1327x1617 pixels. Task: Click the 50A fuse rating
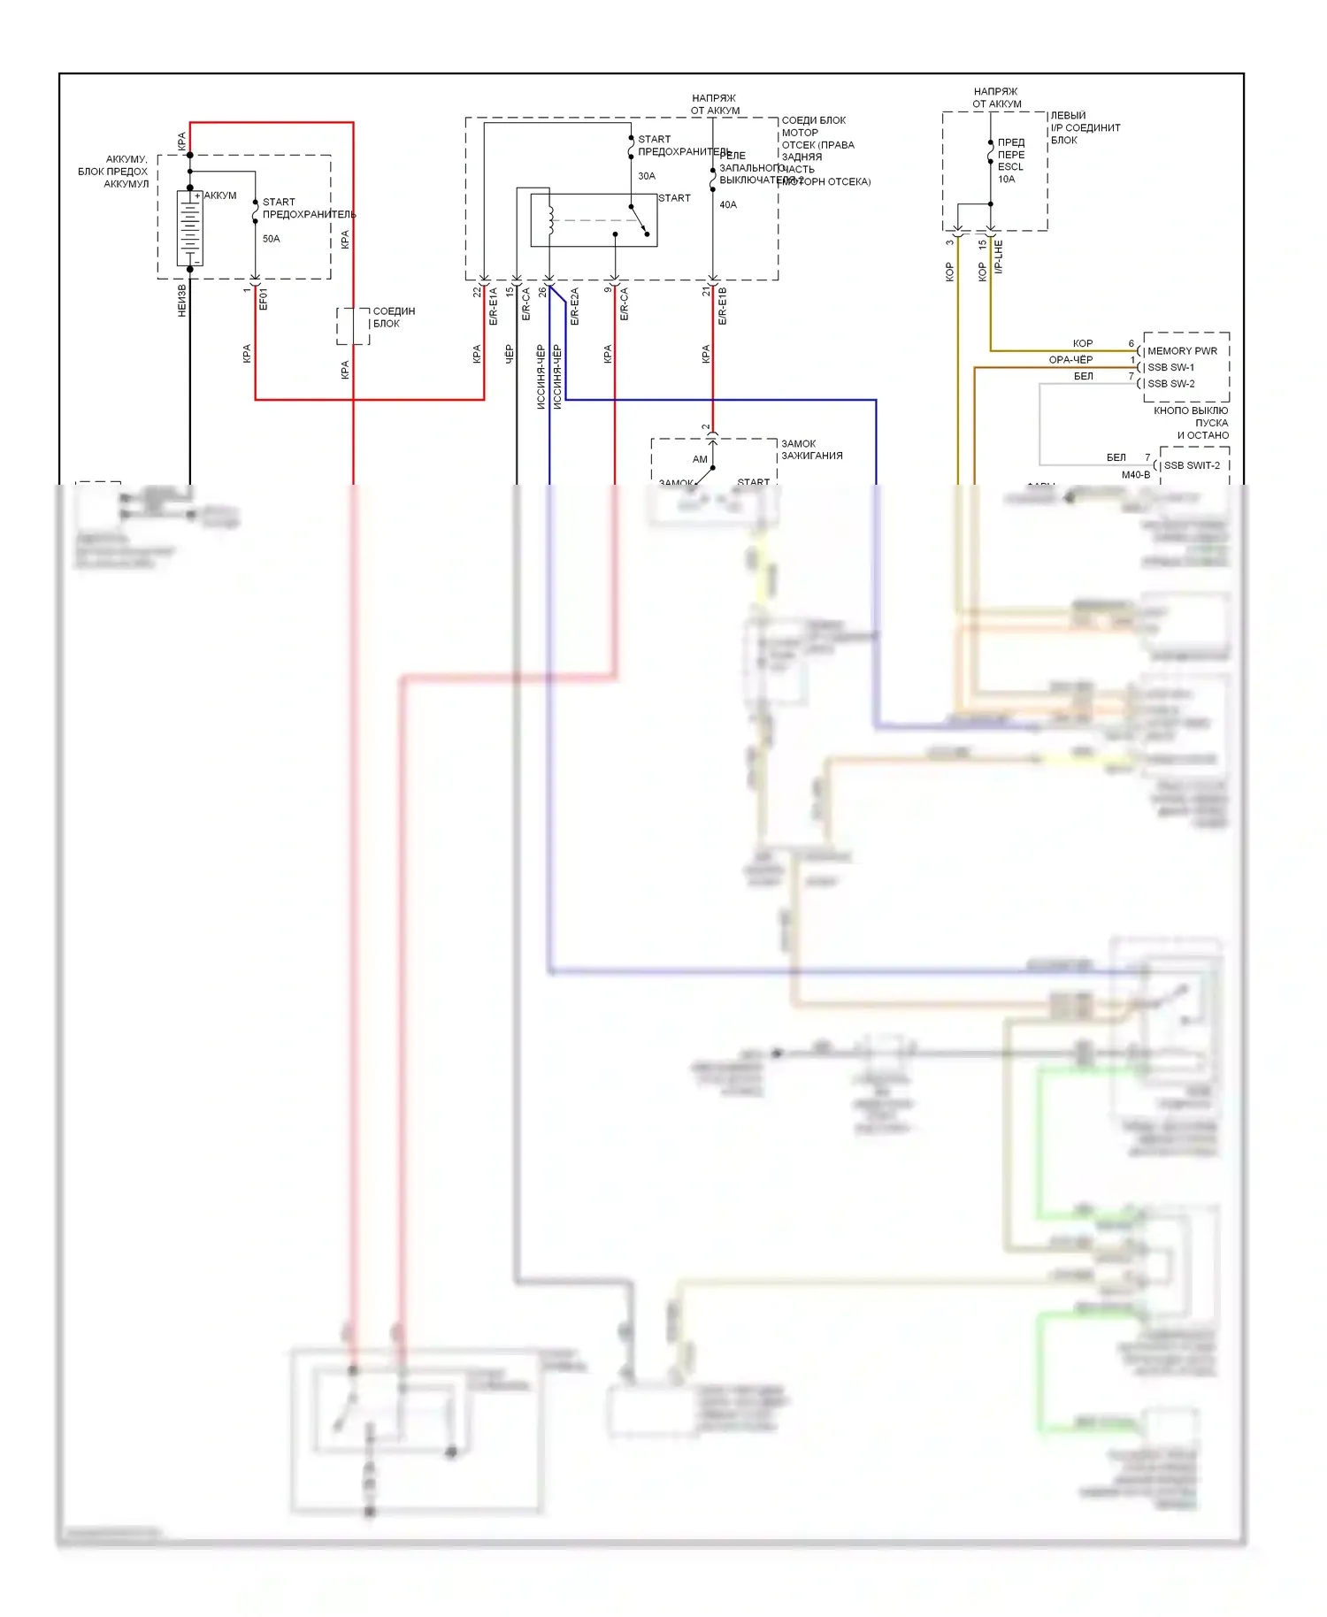[x=271, y=239]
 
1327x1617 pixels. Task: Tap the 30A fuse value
[x=647, y=176]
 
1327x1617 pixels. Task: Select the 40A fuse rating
[x=728, y=204]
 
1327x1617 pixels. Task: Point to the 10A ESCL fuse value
[x=1007, y=180]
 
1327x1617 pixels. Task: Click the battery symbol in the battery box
[x=189, y=229]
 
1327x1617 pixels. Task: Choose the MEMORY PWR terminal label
[x=1182, y=351]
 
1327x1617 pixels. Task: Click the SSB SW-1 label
[x=1170, y=367]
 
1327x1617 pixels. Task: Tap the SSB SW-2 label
[x=1170, y=384]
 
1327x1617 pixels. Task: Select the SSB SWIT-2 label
[x=1191, y=465]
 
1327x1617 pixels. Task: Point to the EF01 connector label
[x=263, y=299]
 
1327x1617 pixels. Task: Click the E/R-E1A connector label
[x=494, y=306]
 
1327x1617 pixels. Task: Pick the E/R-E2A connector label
[x=574, y=306]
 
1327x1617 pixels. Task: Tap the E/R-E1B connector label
[x=722, y=306]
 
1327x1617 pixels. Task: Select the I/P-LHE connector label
[x=999, y=257]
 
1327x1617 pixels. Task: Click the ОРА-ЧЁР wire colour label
[x=1070, y=360]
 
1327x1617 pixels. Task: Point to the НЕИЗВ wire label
[x=182, y=301]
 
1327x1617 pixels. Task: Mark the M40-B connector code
[x=1136, y=475]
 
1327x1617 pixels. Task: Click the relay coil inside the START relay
[x=550, y=221]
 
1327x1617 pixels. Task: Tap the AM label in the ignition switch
[x=700, y=459]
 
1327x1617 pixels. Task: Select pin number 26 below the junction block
[x=542, y=292]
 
